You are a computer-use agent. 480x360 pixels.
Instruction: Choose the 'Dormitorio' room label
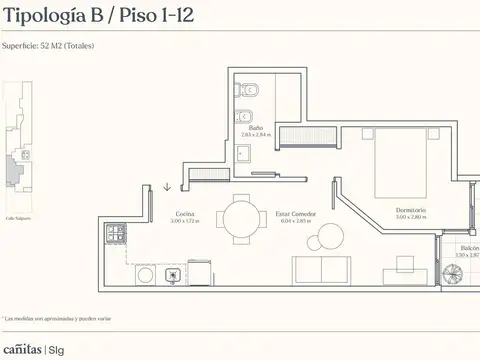point(410,210)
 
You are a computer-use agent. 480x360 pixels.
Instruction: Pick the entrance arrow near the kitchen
point(167,185)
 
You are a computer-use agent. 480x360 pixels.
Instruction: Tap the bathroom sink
point(243,152)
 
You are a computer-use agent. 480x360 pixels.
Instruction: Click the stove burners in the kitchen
point(116,233)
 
